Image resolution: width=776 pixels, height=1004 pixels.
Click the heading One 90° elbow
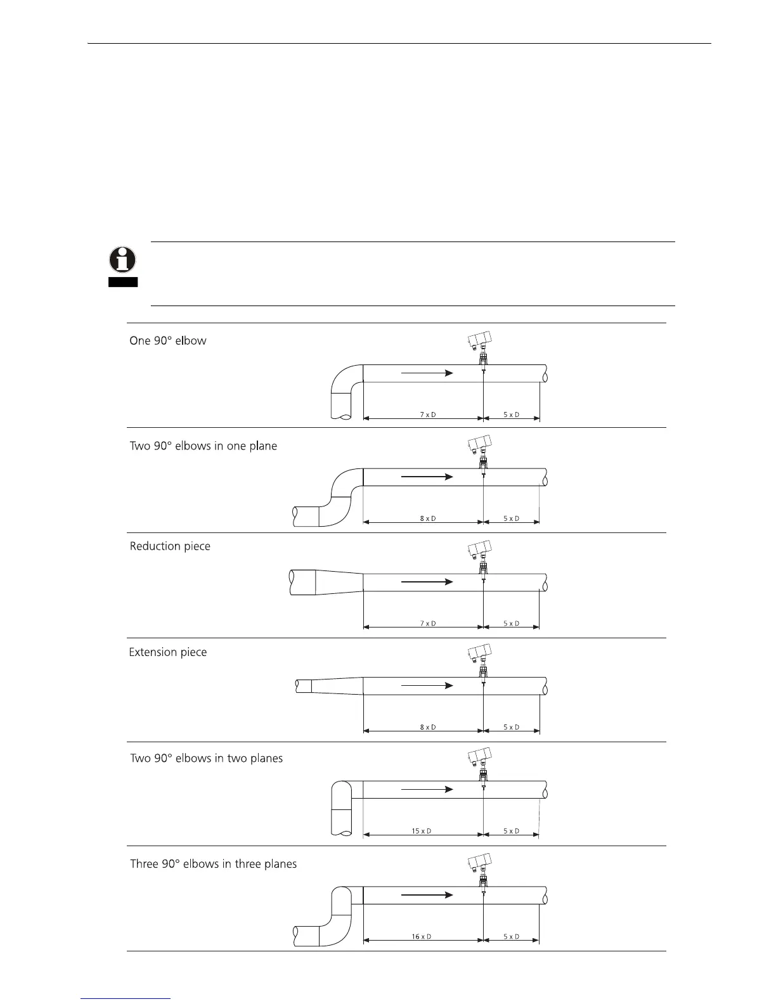coord(168,341)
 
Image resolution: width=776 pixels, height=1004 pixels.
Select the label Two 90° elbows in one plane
coord(204,446)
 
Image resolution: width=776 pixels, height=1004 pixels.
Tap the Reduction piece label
coord(170,546)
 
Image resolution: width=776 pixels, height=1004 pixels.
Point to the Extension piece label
coord(168,652)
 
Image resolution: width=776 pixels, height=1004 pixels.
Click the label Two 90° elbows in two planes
coord(207,759)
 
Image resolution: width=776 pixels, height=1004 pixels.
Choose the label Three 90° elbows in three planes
coord(214,864)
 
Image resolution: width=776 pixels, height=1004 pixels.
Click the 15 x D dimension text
coord(422,831)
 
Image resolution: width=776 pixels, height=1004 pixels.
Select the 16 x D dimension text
coord(422,937)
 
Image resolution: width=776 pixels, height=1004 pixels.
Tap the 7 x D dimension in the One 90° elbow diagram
coord(428,415)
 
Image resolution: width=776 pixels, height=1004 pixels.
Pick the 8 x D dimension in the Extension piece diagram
coord(428,727)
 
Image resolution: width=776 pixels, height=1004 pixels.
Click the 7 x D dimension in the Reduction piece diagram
coord(428,624)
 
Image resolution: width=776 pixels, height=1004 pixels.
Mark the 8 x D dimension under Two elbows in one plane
coord(428,518)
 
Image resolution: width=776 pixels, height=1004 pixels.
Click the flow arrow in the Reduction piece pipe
coord(428,581)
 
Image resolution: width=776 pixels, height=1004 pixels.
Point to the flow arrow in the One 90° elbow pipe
coord(428,373)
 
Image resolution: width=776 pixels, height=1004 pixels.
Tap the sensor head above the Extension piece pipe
coord(479,653)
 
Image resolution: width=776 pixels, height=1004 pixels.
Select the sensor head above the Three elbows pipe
coord(479,863)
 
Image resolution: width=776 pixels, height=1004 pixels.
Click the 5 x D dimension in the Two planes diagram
coord(512,831)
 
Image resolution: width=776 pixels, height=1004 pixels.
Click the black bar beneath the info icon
coord(122,282)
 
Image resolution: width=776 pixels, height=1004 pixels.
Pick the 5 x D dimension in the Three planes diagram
coord(512,937)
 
